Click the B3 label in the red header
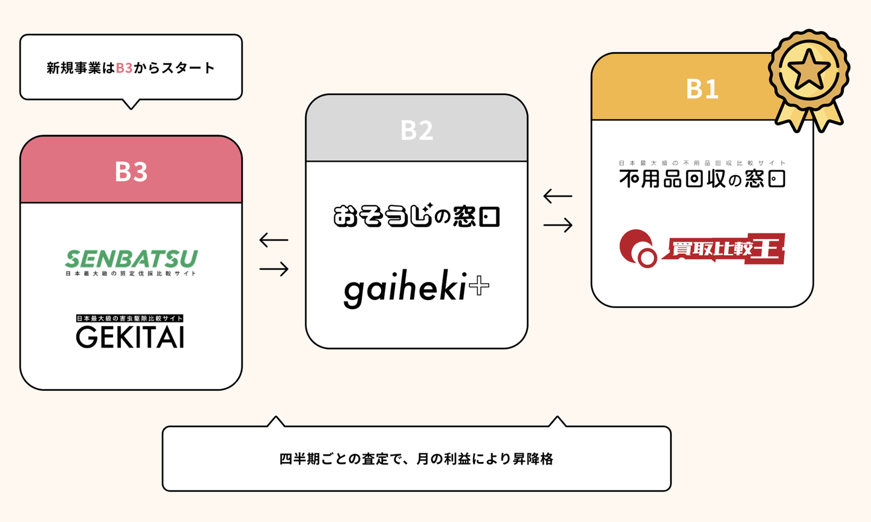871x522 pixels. click(x=131, y=171)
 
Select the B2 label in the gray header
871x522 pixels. click(x=417, y=130)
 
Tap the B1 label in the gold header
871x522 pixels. click(x=702, y=89)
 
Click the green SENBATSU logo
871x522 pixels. click(x=131, y=259)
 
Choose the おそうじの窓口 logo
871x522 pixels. click(x=416, y=216)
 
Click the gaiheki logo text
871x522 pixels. click(x=405, y=289)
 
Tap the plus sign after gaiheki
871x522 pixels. click(x=479, y=285)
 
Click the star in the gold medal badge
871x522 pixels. click(x=809, y=70)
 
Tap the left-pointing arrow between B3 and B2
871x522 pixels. click(x=273, y=240)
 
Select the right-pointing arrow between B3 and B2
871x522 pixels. click(x=273, y=269)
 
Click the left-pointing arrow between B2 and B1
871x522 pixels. click(x=558, y=196)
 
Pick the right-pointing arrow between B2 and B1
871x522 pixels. click(x=558, y=225)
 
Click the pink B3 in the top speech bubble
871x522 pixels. click(x=124, y=68)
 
